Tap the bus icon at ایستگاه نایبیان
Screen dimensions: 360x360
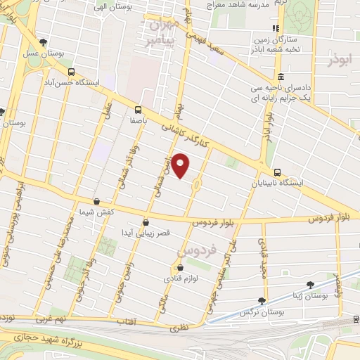click(x=278, y=172)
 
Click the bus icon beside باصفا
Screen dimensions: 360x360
click(x=137, y=110)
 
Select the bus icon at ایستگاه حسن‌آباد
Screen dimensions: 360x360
click(x=70, y=72)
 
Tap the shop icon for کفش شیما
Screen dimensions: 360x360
click(x=96, y=201)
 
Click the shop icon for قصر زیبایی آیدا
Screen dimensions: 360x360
click(x=146, y=221)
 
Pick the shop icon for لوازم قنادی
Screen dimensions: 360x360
click(x=180, y=267)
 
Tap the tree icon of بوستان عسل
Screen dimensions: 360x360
click(x=44, y=42)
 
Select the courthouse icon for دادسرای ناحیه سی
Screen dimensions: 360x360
click(x=281, y=77)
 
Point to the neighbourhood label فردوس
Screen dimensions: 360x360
click(x=193, y=250)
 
